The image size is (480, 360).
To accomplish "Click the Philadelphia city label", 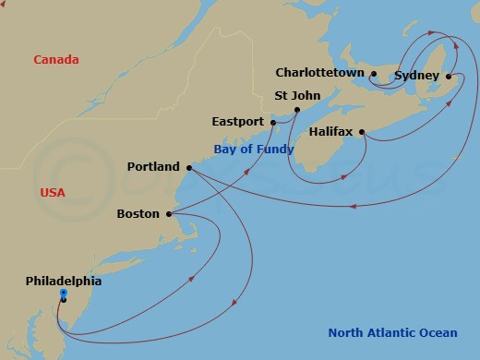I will tap(64, 281).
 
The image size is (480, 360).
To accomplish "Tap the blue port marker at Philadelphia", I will tap(63, 294).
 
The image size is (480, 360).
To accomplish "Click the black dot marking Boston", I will tap(168, 214).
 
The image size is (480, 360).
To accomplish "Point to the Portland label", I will tap(153, 167).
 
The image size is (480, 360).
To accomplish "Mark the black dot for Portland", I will tap(188, 167).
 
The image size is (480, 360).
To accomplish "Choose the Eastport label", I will tap(238, 121).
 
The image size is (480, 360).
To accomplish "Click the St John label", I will tap(297, 94).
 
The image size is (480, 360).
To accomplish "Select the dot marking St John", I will tap(296, 109).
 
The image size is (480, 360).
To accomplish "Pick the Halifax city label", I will tap(331, 132).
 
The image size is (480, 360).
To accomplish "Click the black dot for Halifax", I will tap(362, 131).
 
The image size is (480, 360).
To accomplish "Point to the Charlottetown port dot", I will tap(374, 73).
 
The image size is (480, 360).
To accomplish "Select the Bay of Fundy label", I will tap(254, 149).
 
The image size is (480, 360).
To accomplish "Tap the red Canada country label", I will tap(55, 60).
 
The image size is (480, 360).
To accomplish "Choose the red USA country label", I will tap(54, 192).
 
